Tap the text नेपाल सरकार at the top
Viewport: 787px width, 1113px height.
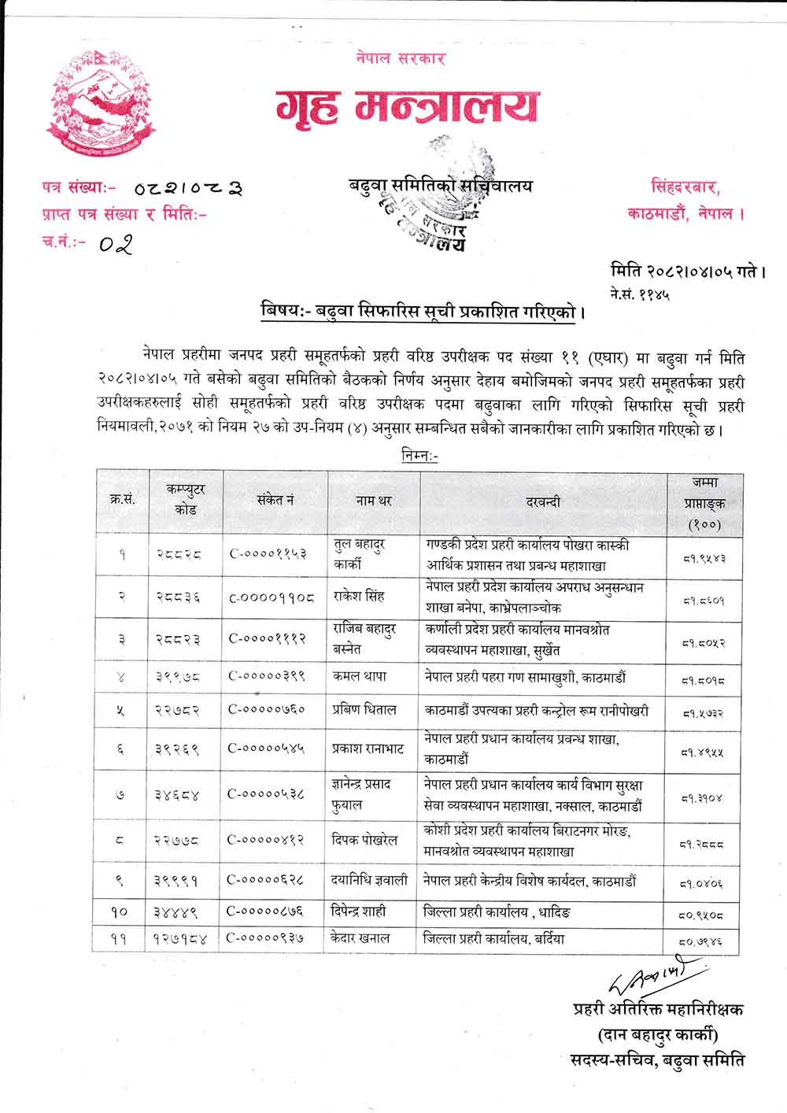(x=400, y=59)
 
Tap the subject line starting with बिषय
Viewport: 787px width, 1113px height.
(x=423, y=309)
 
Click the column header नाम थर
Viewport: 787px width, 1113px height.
(x=373, y=501)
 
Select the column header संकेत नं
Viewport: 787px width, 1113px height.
(x=275, y=501)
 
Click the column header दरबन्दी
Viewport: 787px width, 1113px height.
(x=543, y=501)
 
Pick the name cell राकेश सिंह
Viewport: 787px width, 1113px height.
(x=358, y=596)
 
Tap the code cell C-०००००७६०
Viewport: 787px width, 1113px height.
(x=266, y=710)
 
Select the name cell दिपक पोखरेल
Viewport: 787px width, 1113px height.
(x=364, y=840)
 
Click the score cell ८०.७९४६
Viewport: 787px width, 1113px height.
(x=703, y=940)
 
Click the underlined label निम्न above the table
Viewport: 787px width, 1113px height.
(x=419, y=457)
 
